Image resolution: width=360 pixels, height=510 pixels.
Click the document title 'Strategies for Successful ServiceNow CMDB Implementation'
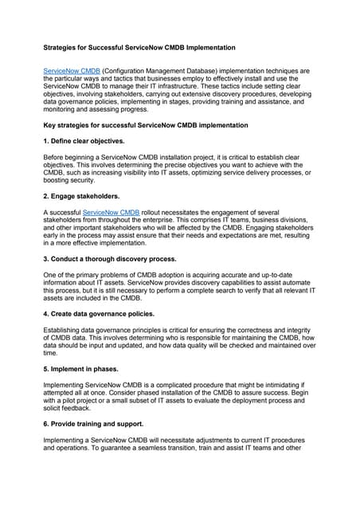point(139,48)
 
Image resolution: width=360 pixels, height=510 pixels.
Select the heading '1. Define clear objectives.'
point(84,141)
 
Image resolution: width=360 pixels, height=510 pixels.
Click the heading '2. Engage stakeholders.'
point(80,197)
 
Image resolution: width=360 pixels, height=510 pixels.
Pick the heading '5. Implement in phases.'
point(84,369)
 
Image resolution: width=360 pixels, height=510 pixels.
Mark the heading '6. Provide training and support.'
point(93,424)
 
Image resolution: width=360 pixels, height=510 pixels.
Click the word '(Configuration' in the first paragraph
point(119,71)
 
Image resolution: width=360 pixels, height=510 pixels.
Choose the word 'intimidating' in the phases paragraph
point(282,385)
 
